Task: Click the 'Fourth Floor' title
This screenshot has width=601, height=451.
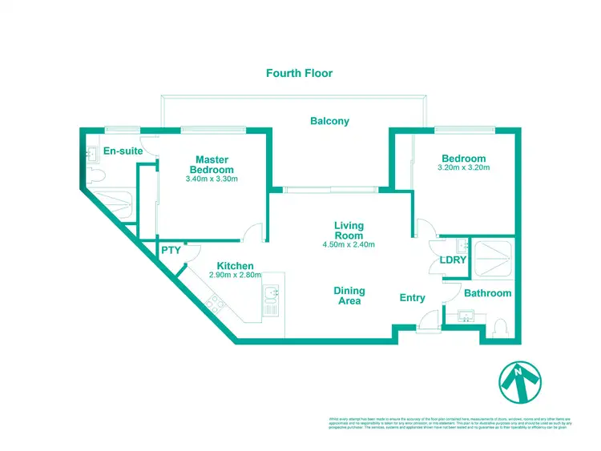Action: pyautogui.click(x=299, y=73)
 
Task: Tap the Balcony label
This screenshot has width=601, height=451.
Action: pyautogui.click(x=329, y=121)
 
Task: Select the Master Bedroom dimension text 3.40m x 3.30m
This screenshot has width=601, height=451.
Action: pyautogui.click(x=212, y=179)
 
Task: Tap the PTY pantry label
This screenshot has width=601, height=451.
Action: pyautogui.click(x=171, y=251)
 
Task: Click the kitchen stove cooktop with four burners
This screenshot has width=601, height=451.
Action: pyautogui.click(x=215, y=304)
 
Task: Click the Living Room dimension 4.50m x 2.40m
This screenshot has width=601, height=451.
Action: pyautogui.click(x=349, y=244)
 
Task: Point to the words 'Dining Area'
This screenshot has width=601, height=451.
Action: pyautogui.click(x=349, y=296)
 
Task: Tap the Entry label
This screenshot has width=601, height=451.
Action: pyautogui.click(x=413, y=298)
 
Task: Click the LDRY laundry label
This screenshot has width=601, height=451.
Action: pyautogui.click(x=452, y=260)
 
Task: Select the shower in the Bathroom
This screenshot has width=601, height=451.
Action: pyautogui.click(x=494, y=256)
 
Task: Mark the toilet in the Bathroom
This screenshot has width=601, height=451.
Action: pyautogui.click(x=500, y=327)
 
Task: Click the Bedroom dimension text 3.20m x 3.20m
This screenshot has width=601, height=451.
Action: pyautogui.click(x=463, y=167)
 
